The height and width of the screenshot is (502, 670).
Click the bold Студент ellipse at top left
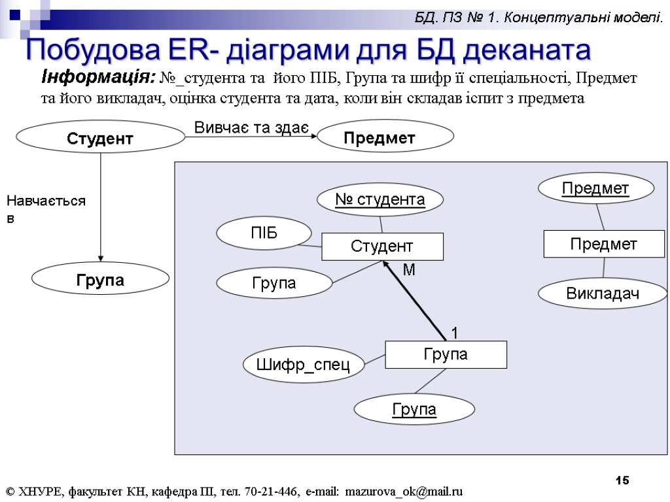100,139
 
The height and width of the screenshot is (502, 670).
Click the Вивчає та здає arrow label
251,127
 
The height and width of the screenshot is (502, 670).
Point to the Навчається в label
46,209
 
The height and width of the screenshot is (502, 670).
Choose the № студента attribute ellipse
379,199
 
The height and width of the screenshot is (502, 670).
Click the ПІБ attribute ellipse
264,233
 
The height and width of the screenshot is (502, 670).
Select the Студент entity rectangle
382,246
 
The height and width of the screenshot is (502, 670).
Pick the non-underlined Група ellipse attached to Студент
274,283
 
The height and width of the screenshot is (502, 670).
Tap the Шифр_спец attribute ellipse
303,365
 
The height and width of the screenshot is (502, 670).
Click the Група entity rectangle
446,354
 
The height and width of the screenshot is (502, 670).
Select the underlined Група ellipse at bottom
414,409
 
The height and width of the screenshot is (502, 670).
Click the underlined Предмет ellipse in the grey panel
595,189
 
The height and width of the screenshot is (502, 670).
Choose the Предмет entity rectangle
604,244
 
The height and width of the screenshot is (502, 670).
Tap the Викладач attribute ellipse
602,294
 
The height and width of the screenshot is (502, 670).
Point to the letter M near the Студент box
409,270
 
